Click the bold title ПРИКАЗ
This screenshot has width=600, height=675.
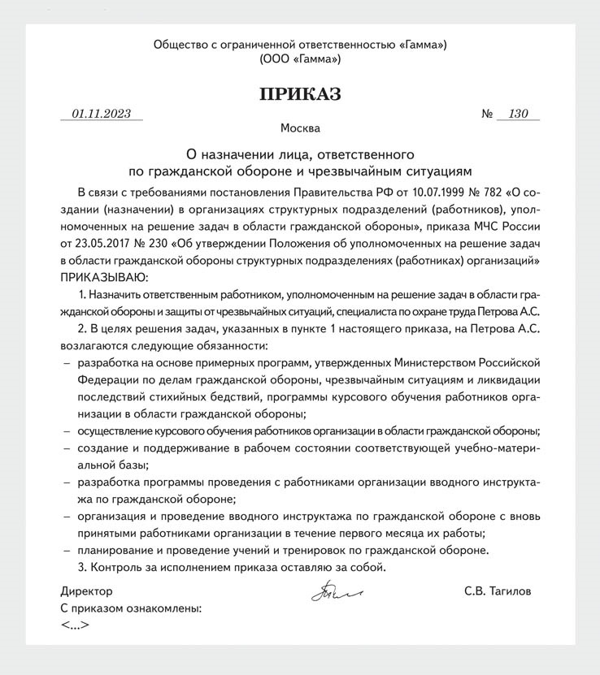tap(300, 94)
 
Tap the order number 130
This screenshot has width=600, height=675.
tap(518, 115)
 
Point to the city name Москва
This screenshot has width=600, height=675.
tap(300, 128)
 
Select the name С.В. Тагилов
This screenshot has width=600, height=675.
tap(498, 591)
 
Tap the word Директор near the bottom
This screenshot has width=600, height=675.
tap(86, 591)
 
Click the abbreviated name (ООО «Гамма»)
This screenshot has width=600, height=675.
tap(300, 59)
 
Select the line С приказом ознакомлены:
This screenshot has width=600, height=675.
tap(131, 608)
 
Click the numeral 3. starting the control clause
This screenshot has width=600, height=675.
tap(80, 567)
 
